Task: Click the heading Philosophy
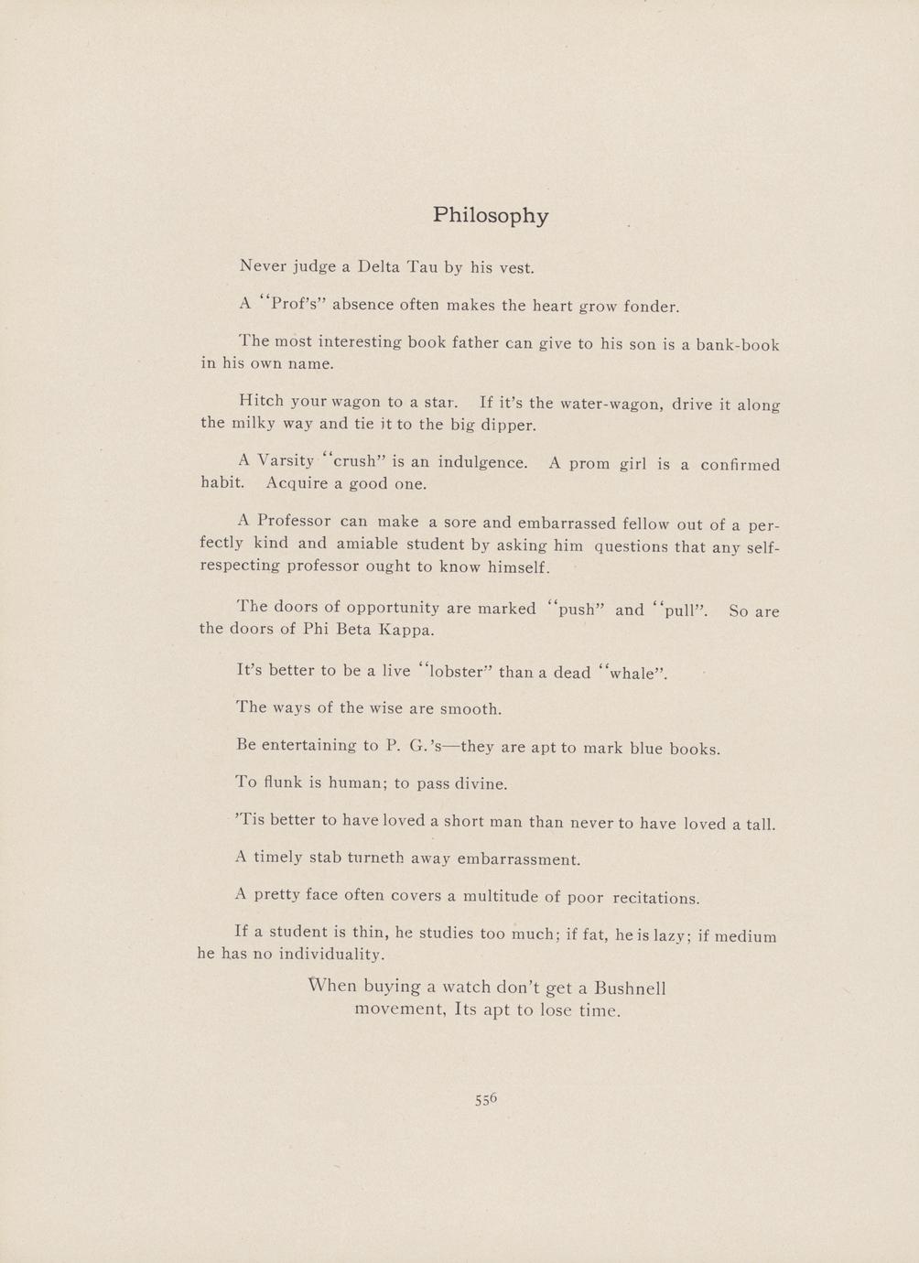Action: point(491,216)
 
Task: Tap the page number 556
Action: point(485,1099)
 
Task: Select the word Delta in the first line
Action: point(379,267)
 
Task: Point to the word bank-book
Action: point(737,345)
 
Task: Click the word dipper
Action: point(509,425)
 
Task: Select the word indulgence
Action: point(482,462)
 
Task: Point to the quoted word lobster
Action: point(456,671)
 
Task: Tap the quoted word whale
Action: point(632,674)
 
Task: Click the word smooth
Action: point(471,709)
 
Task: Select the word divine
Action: point(477,783)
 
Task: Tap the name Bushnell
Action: point(630,988)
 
